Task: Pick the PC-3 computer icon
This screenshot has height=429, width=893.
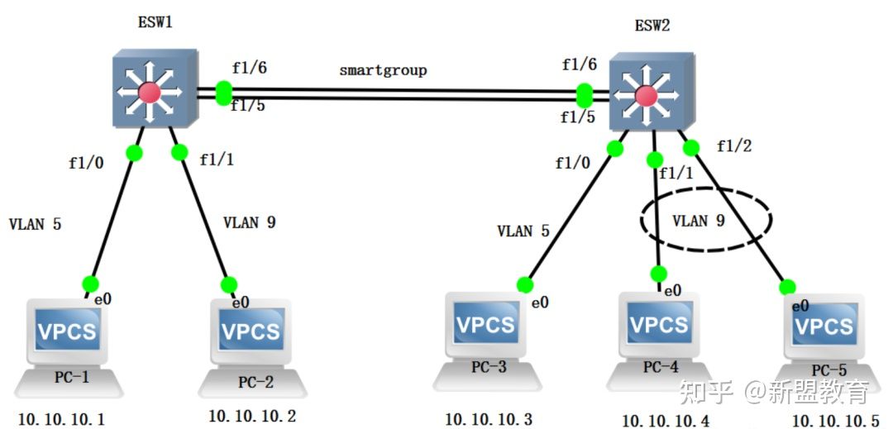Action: click(488, 337)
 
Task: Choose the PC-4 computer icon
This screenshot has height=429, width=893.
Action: click(660, 337)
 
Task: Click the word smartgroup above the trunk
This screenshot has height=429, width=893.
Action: click(383, 70)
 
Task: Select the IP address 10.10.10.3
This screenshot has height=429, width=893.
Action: click(489, 419)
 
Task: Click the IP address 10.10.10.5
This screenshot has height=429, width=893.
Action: click(836, 419)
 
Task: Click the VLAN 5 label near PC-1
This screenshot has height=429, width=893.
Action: click(34, 223)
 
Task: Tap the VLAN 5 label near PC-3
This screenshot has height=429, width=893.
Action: click(523, 231)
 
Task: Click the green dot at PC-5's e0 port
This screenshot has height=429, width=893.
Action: click(787, 286)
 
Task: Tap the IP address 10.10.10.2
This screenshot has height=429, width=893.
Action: click(252, 415)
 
